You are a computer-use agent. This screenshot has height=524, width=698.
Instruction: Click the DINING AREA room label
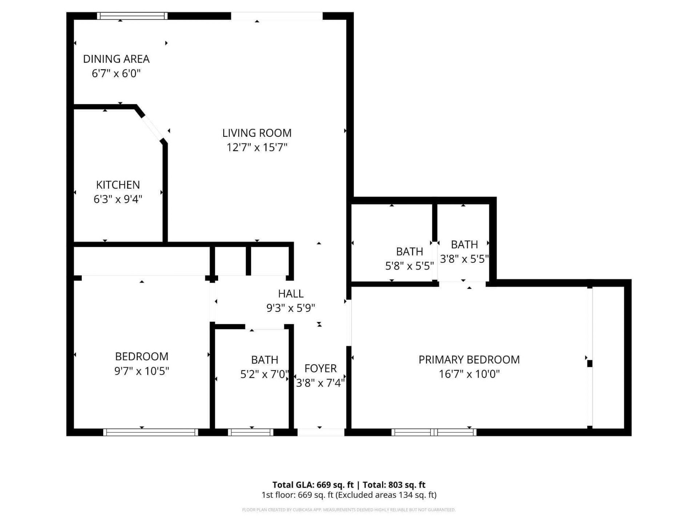[x=116, y=59]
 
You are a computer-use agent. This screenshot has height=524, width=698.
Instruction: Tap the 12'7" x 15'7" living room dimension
[x=257, y=147]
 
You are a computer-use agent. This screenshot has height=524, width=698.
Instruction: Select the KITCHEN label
[x=118, y=185]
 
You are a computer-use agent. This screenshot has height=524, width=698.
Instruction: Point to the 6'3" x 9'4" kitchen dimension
[x=118, y=199]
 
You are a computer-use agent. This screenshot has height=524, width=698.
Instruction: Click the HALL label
[x=290, y=294]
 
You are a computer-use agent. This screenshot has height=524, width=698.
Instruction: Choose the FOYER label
[x=320, y=368]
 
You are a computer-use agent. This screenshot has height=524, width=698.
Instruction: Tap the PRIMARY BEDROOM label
[x=469, y=360]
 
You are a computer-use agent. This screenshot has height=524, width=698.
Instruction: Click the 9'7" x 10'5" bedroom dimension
[x=141, y=371]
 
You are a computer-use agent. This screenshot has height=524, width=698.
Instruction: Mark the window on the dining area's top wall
[x=132, y=16]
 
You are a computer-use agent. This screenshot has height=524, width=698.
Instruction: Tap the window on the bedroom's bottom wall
[x=151, y=432]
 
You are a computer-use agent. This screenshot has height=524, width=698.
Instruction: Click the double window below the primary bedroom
[x=434, y=432]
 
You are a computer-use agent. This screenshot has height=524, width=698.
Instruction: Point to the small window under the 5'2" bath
[x=250, y=432]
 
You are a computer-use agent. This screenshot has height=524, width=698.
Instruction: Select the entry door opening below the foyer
[x=321, y=432]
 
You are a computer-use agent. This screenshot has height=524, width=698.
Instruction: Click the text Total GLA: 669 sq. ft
[x=313, y=485]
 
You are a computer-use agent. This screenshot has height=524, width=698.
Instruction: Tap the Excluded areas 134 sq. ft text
[x=386, y=495]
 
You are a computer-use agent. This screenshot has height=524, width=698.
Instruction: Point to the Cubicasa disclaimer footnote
[x=349, y=510]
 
